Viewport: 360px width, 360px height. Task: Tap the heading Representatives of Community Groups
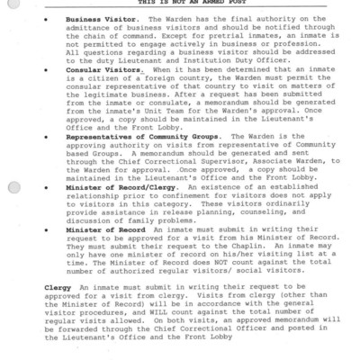[135, 138]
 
